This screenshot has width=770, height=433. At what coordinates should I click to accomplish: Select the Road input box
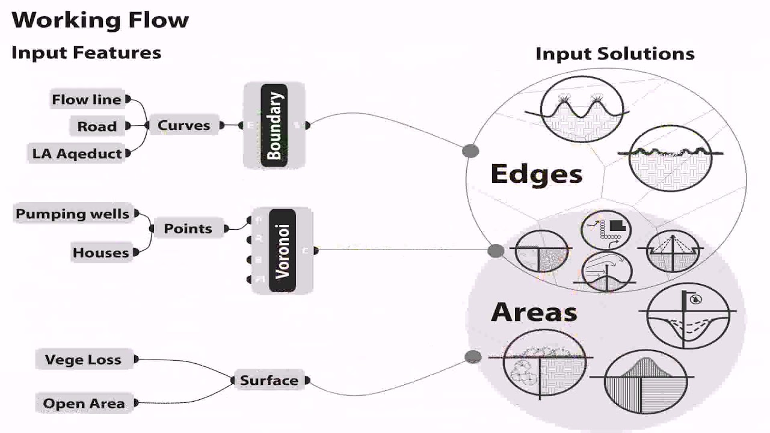coord(97,126)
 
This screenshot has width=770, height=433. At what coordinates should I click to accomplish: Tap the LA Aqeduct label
coord(77,153)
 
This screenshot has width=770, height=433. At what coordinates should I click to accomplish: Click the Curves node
coord(184,125)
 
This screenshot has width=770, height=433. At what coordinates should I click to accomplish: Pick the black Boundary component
coord(274,125)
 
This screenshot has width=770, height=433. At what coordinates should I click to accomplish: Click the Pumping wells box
coord(73,213)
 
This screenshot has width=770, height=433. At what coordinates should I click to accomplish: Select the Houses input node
coord(101,253)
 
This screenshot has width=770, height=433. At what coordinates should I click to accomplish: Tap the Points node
coord(188,229)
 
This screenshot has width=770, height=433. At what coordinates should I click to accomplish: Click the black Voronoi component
coord(282,250)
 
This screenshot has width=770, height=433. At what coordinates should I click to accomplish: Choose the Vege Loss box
coord(83,360)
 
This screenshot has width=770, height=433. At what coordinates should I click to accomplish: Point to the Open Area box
coord(84,404)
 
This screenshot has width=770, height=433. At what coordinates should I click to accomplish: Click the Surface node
coord(269,380)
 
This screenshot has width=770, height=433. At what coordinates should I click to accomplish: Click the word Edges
coord(537,174)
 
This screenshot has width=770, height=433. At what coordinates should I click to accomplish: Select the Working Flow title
coord(100,20)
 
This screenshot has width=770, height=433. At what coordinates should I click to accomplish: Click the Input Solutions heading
coord(615,54)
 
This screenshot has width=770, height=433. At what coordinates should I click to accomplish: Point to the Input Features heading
coord(86,52)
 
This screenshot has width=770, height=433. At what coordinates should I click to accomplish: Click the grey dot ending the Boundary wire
coord(470,151)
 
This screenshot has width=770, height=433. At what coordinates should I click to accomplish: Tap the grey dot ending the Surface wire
coord(473,357)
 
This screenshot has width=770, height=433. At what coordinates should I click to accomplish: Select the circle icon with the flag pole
coord(688,315)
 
